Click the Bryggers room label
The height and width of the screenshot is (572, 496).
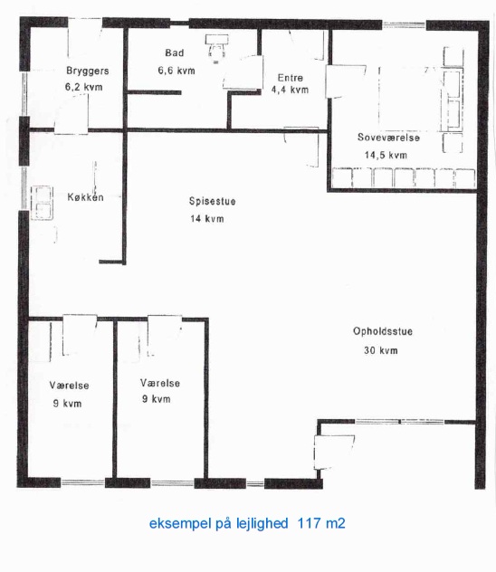click(x=88, y=71)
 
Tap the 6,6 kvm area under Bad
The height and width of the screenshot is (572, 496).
click(x=176, y=71)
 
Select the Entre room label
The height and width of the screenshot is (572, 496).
click(x=291, y=77)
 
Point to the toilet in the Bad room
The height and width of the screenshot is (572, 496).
click(x=216, y=48)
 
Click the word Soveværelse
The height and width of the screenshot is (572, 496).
click(x=388, y=138)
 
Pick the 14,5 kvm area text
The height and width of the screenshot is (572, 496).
click(x=386, y=155)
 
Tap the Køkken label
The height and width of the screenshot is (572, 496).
click(x=86, y=197)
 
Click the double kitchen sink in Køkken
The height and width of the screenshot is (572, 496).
click(x=42, y=203)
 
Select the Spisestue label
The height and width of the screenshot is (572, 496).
click(x=213, y=201)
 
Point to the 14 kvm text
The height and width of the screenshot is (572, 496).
click(x=206, y=219)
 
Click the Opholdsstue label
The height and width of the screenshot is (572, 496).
click(x=383, y=331)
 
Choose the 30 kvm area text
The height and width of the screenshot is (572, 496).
click(x=381, y=350)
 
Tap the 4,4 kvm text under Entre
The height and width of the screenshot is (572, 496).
click(x=290, y=90)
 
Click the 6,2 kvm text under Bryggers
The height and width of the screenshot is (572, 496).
click(x=84, y=87)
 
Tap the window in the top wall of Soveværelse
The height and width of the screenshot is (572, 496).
click(x=404, y=25)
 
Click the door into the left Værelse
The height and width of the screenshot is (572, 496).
click(x=80, y=335)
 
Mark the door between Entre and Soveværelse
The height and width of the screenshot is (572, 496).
click(x=345, y=81)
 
